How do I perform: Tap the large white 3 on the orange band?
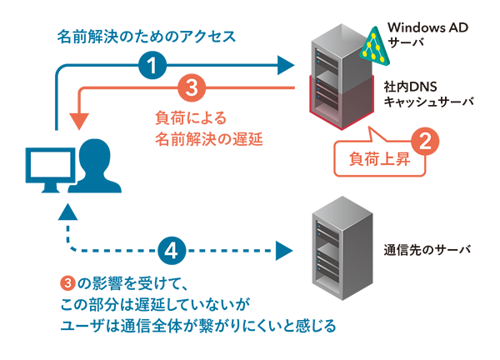click(191, 88)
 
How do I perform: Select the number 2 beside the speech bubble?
click(425, 141)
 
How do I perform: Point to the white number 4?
click(171, 250)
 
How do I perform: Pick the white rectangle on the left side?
click(50, 164)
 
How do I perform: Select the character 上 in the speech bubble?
click(388, 157)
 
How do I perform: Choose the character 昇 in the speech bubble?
click(406, 157)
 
